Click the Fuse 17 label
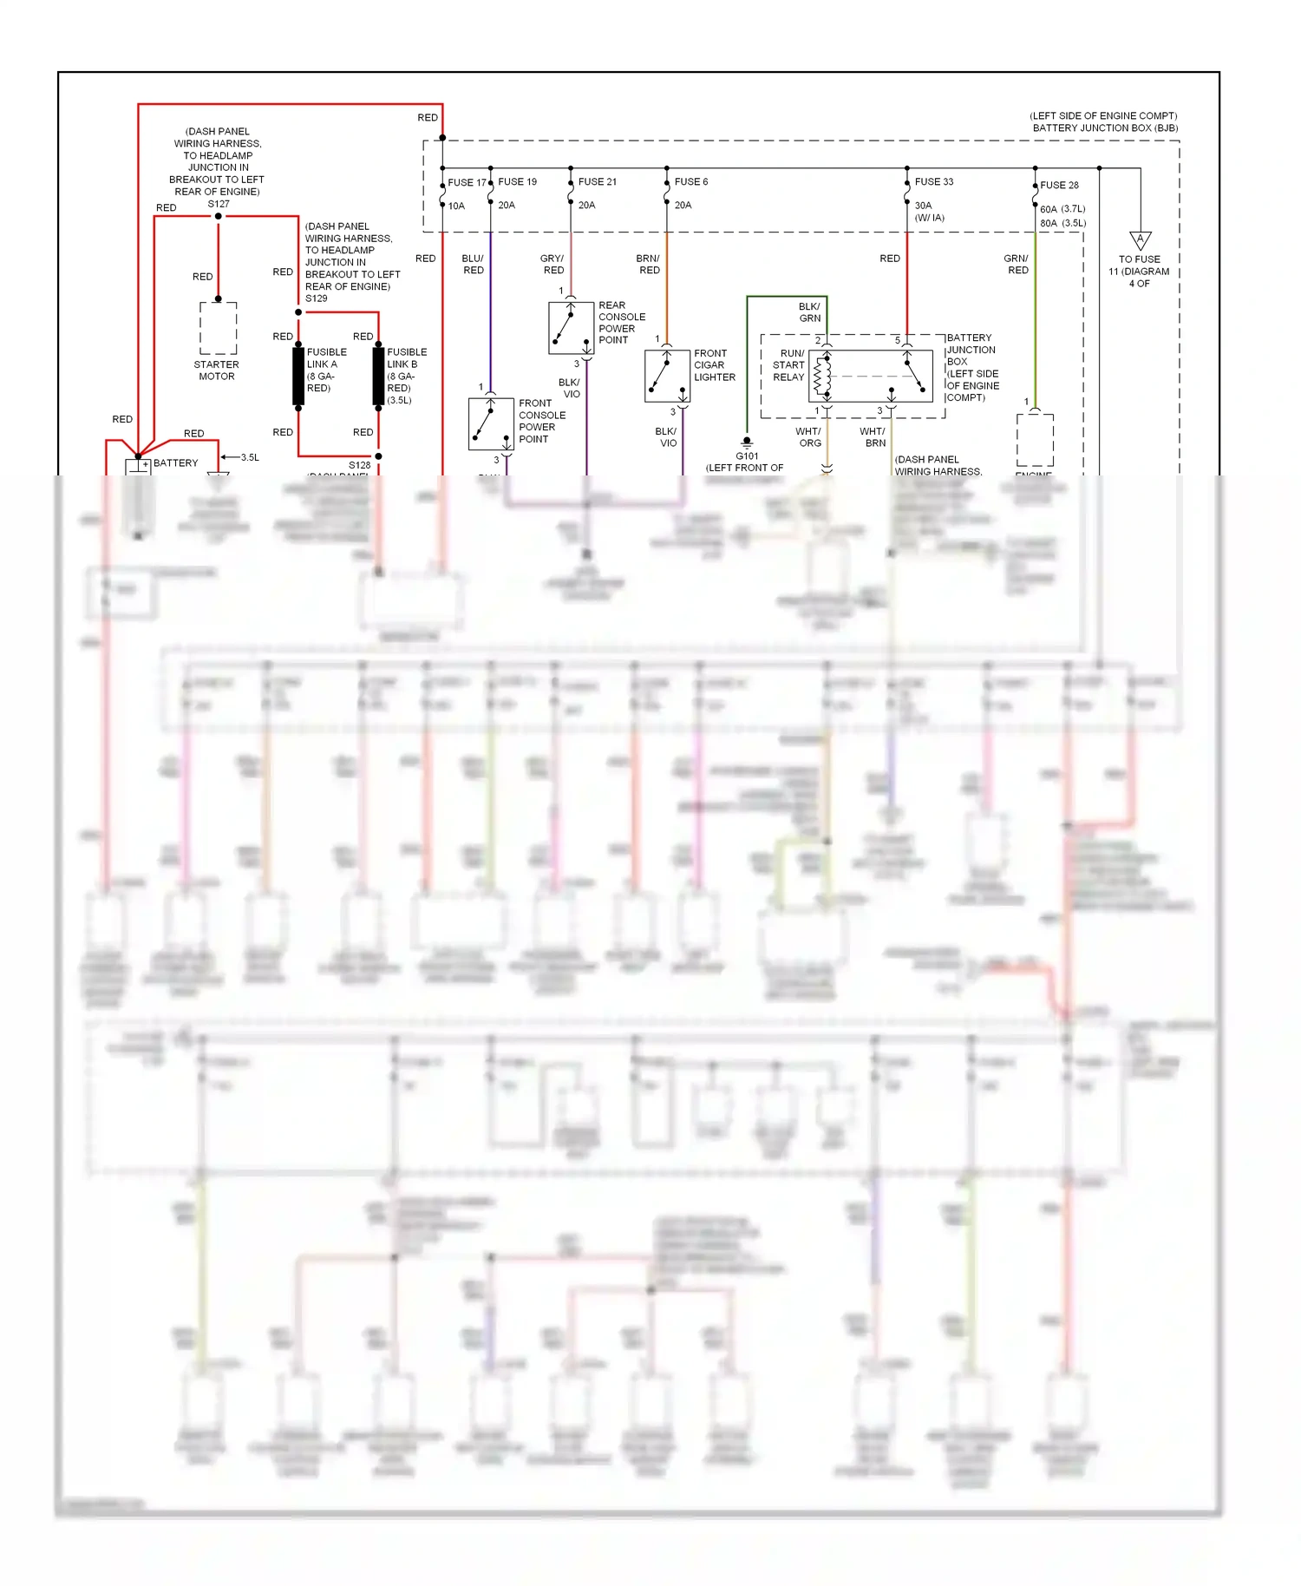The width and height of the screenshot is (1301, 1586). point(467,182)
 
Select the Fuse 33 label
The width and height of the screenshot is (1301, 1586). point(933,181)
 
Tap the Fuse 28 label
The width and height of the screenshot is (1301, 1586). point(1059,185)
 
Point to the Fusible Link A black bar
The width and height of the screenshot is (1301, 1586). point(298,376)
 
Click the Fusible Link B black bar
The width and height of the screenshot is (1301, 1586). point(378,376)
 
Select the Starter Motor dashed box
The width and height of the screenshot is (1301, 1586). point(219,328)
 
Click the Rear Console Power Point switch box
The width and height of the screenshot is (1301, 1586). point(571,327)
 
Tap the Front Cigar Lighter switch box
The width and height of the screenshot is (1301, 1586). point(667,376)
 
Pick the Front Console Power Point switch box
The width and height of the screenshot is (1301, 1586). point(491,423)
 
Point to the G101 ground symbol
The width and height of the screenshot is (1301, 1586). point(747,442)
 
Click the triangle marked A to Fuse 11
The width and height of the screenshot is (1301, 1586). point(1140,240)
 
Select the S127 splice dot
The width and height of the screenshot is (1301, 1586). point(219,216)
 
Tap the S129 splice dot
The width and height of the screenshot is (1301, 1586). point(298,311)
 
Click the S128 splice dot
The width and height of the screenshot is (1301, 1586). point(378,455)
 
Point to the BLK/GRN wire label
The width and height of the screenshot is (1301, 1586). point(809,312)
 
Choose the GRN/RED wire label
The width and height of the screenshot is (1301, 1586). point(1016,264)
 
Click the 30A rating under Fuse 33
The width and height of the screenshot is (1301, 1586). point(923,206)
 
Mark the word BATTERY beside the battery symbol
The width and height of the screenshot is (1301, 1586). point(176,462)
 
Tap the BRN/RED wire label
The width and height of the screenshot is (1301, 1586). point(648,264)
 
